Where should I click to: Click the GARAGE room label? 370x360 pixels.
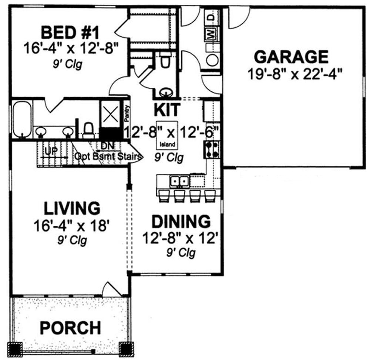pos(291,57)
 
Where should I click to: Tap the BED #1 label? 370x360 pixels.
pos(70,33)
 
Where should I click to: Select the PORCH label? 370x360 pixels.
pos(70,327)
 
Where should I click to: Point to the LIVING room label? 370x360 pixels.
pos(72,208)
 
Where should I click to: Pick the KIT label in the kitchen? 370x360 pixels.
pos(167,110)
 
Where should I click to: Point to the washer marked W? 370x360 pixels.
pos(210,34)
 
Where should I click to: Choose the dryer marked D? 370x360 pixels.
pos(210,17)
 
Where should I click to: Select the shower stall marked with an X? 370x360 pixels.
pos(110,115)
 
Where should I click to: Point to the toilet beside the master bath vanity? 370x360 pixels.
pos(88,130)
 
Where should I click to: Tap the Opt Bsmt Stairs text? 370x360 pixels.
pos(108,156)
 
